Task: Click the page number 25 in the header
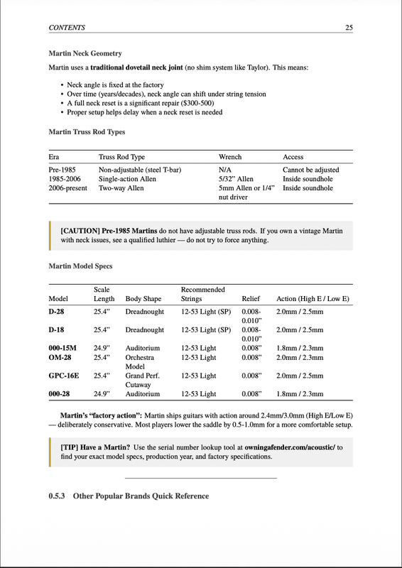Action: (349, 28)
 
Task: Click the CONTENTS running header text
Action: (67, 28)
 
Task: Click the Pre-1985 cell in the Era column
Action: (63, 170)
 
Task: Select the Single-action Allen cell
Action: (127, 180)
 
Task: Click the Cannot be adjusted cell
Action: (310, 170)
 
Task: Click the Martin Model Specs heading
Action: (80, 266)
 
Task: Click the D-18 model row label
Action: (57, 330)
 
